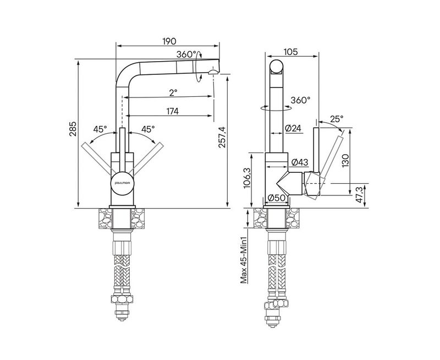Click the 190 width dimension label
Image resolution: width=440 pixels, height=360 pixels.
[x=169, y=41]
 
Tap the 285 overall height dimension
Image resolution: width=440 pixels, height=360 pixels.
[x=73, y=129]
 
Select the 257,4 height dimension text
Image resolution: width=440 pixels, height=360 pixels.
[x=222, y=137]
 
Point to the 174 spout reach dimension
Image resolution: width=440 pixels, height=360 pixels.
[x=173, y=111]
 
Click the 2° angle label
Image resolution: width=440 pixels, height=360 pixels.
[x=173, y=92]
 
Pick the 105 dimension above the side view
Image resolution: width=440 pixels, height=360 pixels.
[x=291, y=52]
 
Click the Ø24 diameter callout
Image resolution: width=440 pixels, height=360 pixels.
[x=293, y=128]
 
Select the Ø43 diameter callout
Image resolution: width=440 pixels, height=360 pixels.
[x=300, y=162]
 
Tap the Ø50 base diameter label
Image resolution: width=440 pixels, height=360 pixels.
[x=277, y=198]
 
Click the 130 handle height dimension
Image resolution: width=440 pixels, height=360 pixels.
[x=345, y=161]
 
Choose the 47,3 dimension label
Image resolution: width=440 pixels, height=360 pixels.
[x=361, y=195]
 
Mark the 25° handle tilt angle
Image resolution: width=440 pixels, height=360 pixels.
[x=337, y=119]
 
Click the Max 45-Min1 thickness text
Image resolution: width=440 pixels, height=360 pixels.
[x=244, y=259]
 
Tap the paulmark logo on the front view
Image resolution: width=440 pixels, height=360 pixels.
[x=122, y=183]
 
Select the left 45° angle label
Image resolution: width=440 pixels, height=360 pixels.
[x=101, y=129]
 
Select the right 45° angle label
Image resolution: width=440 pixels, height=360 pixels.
[x=148, y=129]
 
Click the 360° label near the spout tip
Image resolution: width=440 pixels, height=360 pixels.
[x=186, y=54]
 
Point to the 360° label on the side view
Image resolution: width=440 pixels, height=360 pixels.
[x=300, y=100]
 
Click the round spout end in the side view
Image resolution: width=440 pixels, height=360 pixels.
[x=277, y=66]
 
